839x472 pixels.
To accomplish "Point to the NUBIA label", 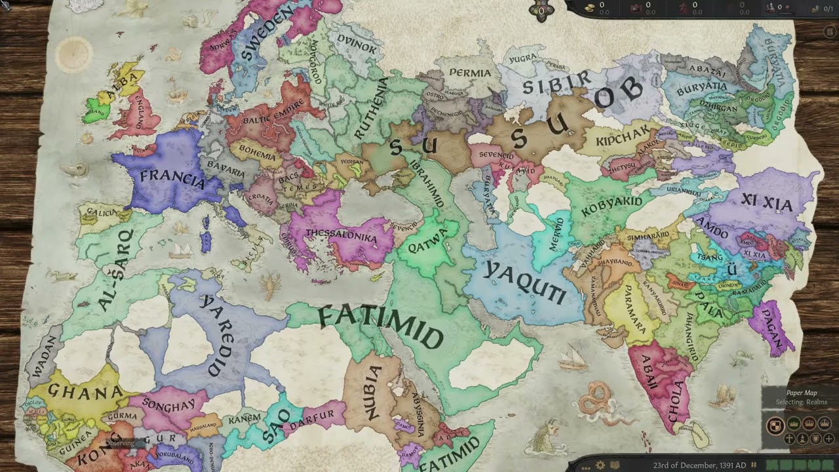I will click(372, 393).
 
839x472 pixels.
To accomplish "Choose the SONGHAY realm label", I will click(168, 405).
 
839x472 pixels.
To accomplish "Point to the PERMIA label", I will click(470, 73).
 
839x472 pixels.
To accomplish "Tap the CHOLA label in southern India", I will click(675, 399).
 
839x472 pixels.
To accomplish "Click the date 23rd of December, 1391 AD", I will click(699, 465).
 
